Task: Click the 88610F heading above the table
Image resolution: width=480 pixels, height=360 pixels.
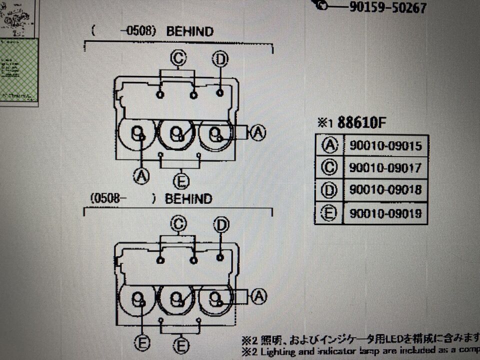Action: click(x=363, y=123)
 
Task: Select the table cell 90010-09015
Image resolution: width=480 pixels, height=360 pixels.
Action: click(x=385, y=145)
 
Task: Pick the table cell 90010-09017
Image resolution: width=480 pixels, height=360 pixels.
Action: click(x=385, y=167)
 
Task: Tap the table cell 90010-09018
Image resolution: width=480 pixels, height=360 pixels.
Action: click(x=385, y=190)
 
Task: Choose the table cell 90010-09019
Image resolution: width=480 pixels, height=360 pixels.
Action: click(x=385, y=213)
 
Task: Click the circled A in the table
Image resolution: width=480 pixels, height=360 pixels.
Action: click(x=329, y=145)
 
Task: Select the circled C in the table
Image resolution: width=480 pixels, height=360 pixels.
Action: click(x=329, y=167)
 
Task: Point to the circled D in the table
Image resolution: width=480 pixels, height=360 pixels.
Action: click(x=329, y=190)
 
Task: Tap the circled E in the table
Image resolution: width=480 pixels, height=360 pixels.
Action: click(x=329, y=213)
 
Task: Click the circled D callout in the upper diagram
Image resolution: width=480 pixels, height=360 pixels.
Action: click(x=220, y=59)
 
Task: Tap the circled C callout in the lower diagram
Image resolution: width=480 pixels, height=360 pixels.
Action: click(x=178, y=224)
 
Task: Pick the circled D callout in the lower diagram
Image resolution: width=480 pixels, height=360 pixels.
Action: click(x=220, y=225)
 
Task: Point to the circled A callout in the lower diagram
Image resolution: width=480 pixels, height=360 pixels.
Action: click(x=258, y=297)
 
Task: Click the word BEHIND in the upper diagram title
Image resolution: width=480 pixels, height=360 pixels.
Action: click(x=189, y=31)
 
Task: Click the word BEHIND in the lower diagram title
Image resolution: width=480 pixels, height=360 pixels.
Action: click(x=188, y=199)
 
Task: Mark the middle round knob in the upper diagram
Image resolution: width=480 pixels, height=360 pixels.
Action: click(x=176, y=133)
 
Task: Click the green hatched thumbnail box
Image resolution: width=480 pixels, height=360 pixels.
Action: click(x=18, y=70)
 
